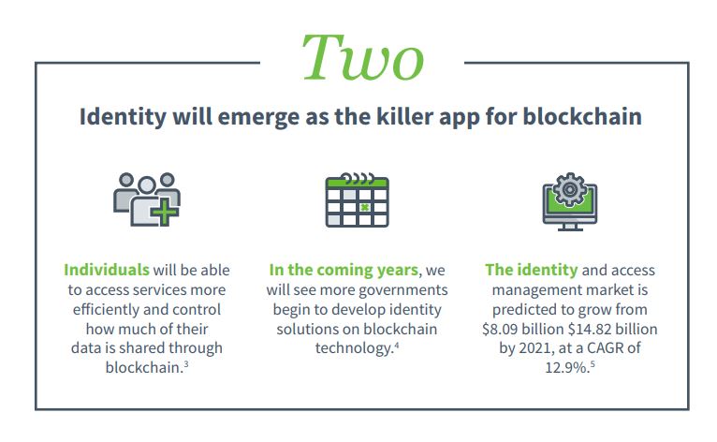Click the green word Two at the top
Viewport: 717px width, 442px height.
[363, 58]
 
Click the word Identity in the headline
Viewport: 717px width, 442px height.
[123, 117]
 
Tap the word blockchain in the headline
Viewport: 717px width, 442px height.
[581, 116]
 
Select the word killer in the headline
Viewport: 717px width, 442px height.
[404, 116]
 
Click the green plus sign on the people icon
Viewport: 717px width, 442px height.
[165, 213]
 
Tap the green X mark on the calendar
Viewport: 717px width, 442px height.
[364, 207]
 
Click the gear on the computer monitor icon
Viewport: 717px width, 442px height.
[569, 189]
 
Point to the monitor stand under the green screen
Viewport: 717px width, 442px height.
[570, 228]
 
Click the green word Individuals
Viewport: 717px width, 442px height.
[107, 270]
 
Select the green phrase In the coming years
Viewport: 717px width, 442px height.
[344, 271]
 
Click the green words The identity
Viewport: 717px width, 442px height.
[532, 271]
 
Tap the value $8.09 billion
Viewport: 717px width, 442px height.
[522, 329]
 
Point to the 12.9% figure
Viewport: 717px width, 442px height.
[567, 367]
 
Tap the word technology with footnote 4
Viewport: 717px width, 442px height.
[354, 348]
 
